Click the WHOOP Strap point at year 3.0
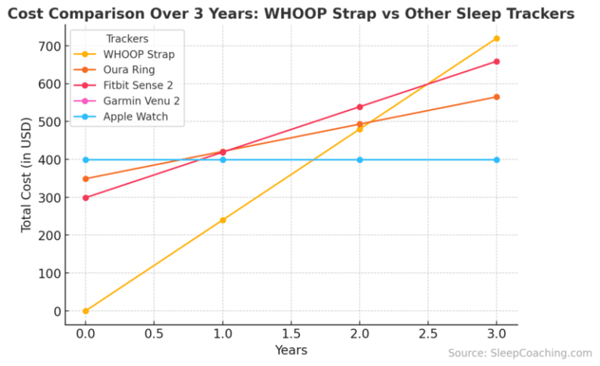[496, 38]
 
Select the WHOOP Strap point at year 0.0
[85, 311]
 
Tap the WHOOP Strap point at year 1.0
[223, 220]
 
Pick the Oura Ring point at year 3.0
[496, 97]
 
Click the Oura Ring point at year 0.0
[85, 178]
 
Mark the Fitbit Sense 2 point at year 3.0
[496, 61]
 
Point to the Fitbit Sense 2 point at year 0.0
[85, 198]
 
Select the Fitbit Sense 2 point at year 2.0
[359, 107]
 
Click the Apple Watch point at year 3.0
[496, 160]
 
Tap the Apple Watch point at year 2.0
[359, 160]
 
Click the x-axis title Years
[291, 350]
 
